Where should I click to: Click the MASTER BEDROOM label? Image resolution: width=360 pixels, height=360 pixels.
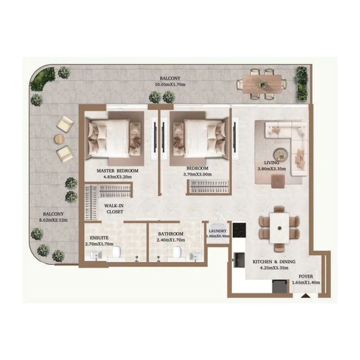[117, 171]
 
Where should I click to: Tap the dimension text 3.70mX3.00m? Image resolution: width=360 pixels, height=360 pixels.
[198, 175]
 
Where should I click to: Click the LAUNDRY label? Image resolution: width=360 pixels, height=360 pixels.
[218, 231]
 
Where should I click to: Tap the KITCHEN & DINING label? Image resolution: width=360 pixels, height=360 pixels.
[274, 261]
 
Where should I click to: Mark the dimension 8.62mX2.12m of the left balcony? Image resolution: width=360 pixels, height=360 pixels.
[54, 220]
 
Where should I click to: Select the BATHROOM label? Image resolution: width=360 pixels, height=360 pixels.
[171, 234]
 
